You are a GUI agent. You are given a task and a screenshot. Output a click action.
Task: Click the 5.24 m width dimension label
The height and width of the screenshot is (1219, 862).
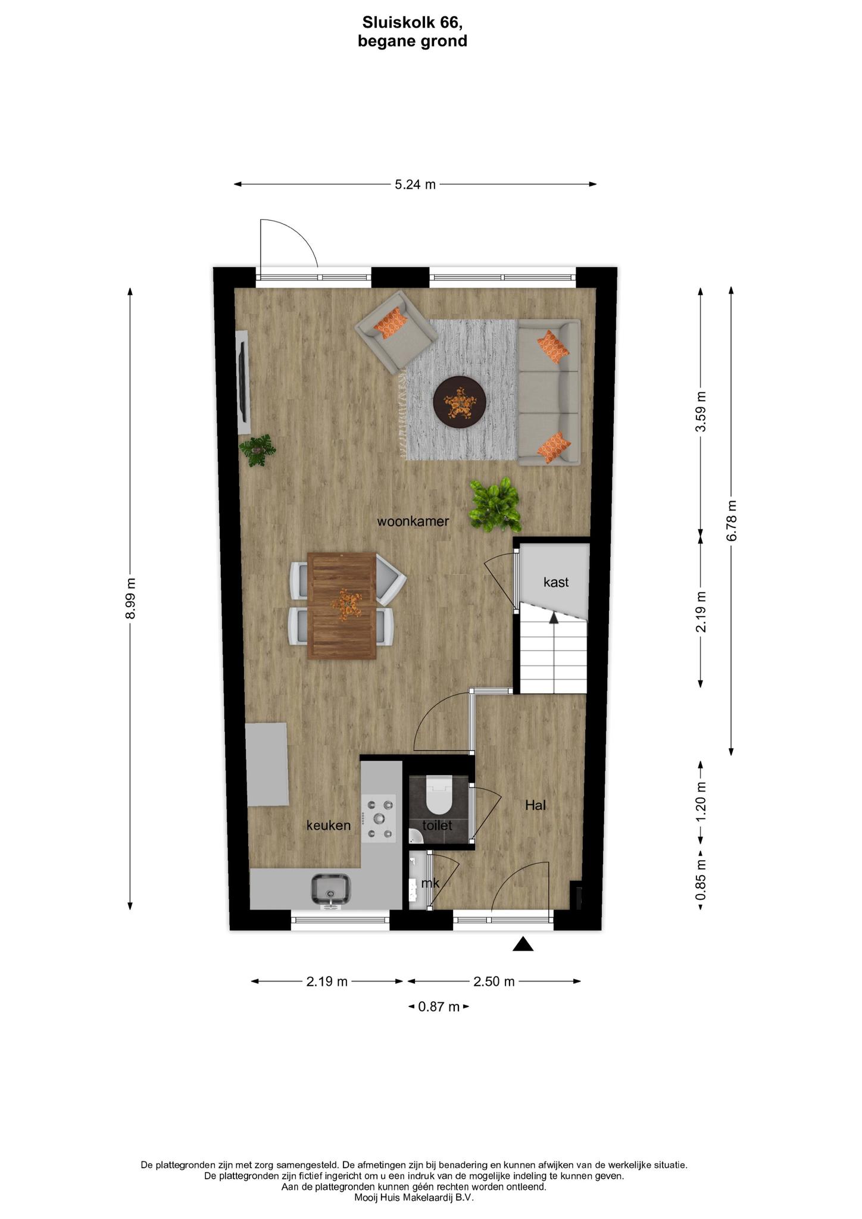point(415,185)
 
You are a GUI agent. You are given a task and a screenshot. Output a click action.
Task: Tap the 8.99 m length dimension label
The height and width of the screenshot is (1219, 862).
point(130,598)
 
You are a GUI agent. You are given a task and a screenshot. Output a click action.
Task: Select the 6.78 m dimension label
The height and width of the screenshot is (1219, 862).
point(732,520)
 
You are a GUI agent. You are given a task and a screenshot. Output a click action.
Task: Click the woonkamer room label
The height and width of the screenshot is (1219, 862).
point(413,521)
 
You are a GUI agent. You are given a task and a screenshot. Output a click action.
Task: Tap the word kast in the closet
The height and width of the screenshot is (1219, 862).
point(556,582)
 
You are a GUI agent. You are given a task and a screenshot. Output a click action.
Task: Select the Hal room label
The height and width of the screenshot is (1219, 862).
point(535,805)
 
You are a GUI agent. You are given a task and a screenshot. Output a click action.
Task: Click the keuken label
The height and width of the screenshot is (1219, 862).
point(329,825)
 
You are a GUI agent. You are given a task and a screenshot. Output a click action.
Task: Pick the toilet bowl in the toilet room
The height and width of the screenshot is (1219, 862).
point(440,796)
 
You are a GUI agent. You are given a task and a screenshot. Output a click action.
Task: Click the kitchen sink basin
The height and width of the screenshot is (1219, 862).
point(331,890)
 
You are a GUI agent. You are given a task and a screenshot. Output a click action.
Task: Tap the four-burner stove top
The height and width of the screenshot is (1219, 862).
point(379,818)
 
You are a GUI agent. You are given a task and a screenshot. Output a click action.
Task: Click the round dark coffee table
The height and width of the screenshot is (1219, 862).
point(460,402)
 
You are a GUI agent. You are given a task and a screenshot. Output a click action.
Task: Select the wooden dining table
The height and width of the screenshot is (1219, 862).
point(342,606)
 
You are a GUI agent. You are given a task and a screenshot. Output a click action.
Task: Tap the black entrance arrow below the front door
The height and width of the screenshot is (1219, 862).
point(523,944)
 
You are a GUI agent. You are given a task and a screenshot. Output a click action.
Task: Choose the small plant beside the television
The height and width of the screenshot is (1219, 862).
point(257,451)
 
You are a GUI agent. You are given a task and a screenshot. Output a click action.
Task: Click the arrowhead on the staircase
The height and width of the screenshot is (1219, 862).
point(554,618)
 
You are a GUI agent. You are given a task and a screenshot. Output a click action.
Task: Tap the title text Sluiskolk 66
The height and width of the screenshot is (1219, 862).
point(413,23)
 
